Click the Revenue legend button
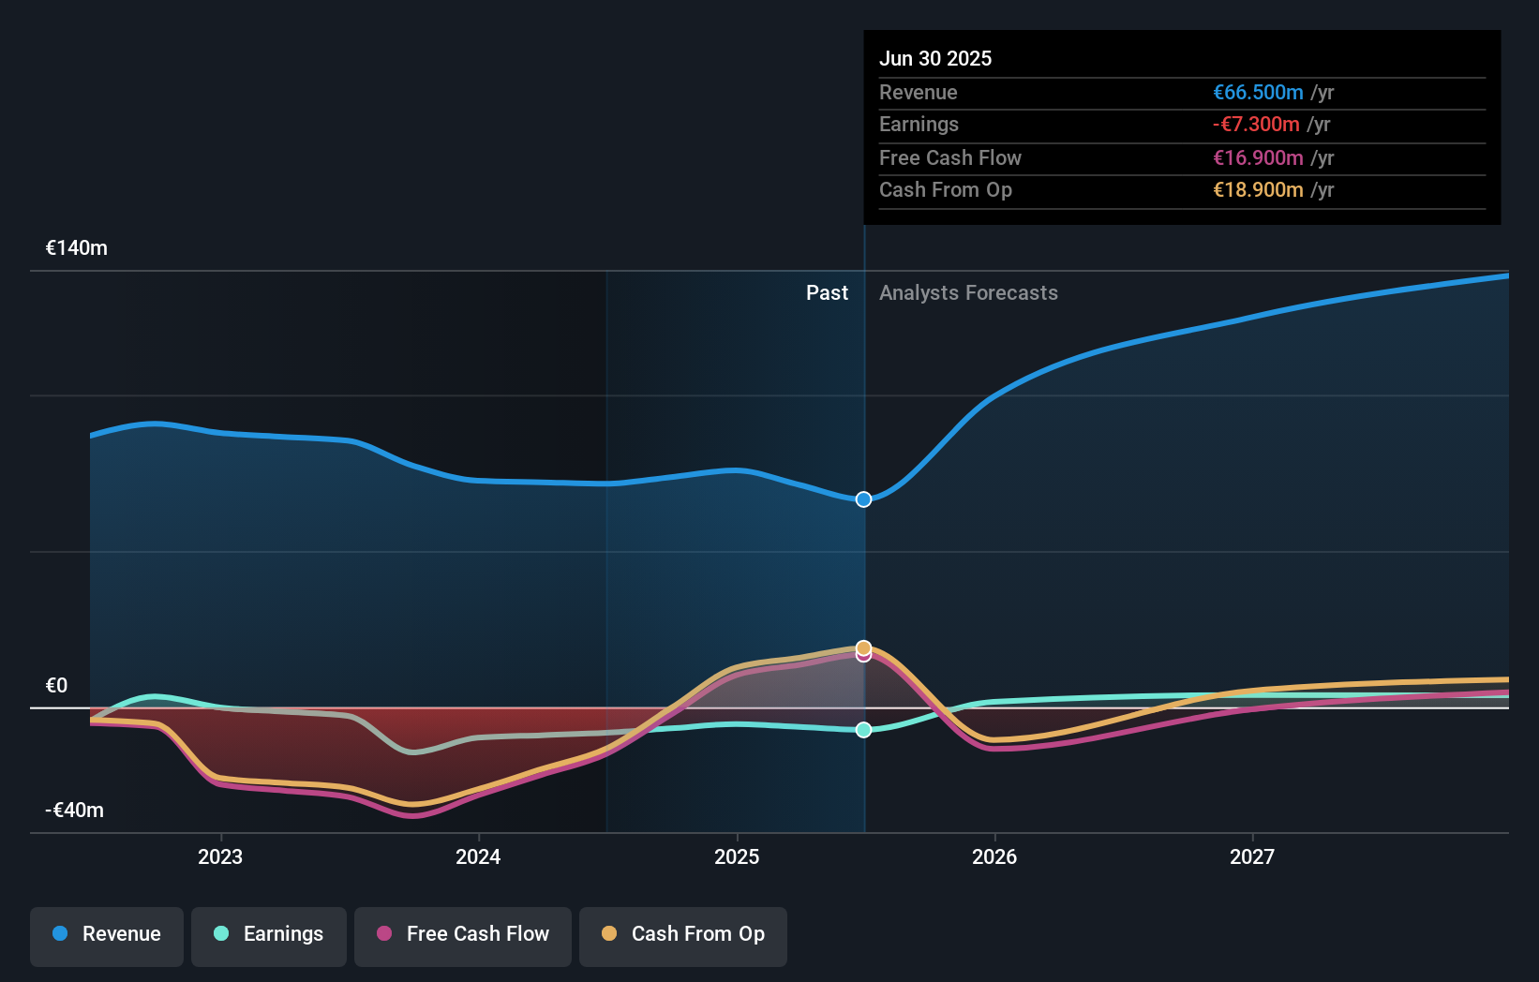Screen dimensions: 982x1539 tap(107, 934)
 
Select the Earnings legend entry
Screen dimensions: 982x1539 tap(269, 934)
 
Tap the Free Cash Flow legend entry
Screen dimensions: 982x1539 tap(463, 934)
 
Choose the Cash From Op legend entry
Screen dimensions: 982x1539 tap(683, 934)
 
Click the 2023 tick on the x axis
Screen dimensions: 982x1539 tap(220, 856)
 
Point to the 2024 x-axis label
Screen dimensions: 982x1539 tap(478, 856)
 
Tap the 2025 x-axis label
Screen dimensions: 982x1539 tap(737, 856)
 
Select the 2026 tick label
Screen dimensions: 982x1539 tap(994, 856)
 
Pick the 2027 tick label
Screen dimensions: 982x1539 tap(1252, 856)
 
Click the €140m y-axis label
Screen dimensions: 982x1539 tap(77, 248)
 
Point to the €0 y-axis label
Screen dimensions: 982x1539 tap(57, 686)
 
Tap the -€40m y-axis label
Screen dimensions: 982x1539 tap(75, 811)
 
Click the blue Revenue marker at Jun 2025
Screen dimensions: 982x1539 tap(864, 499)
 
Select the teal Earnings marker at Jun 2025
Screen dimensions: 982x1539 tap(864, 730)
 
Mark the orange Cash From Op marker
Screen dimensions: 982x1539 tap(864, 647)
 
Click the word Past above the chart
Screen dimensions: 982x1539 tap(827, 293)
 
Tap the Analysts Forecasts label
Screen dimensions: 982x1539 tap(968, 293)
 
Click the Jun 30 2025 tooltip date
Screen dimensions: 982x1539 tap(935, 59)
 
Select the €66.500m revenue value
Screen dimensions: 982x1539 tap(1258, 93)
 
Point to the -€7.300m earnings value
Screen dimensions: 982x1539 tap(1256, 125)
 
